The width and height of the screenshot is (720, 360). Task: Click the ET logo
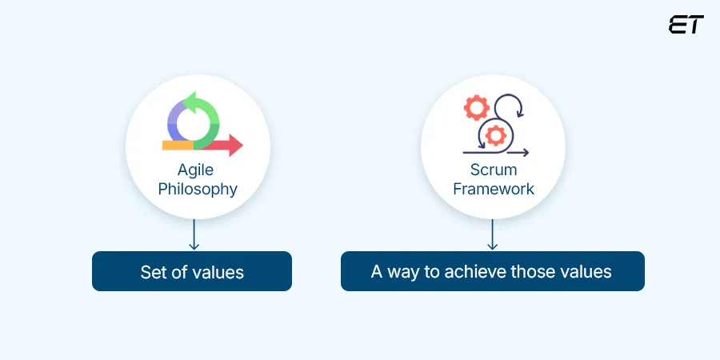[x=686, y=25]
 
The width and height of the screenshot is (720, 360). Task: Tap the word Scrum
[x=493, y=170]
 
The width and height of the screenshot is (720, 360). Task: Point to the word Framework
[x=493, y=190]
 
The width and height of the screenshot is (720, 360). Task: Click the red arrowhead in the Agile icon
[x=234, y=145]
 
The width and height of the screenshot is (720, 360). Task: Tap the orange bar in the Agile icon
[x=178, y=146]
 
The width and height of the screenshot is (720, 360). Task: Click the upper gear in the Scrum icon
[x=477, y=107]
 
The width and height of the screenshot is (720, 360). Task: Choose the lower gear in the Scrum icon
[x=496, y=135]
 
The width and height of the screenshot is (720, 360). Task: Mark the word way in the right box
[x=402, y=272]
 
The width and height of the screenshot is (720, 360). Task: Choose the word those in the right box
[x=537, y=272]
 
